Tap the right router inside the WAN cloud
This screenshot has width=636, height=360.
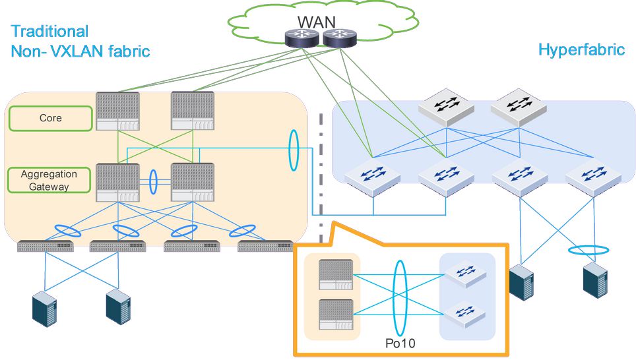(339, 38)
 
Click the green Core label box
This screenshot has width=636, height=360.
(50, 118)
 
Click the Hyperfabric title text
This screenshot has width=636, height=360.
(581, 50)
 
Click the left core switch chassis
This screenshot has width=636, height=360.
(117, 111)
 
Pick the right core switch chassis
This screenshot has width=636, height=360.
(192, 111)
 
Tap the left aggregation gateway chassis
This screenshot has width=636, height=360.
(117, 182)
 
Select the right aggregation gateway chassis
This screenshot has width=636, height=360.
(192, 182)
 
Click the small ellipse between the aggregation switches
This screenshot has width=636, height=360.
(154, 181)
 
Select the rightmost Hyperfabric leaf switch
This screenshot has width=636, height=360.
(592, 177)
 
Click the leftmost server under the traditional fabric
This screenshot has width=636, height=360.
(45, 308)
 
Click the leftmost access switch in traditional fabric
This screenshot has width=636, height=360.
(46, 247)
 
